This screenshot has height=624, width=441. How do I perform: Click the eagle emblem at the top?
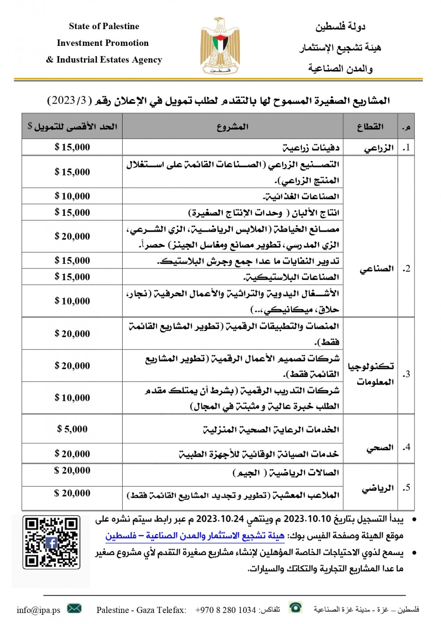pyautogui.click(x=220, y=45)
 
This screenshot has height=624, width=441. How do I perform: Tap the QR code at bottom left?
pyautogui.click(x=52, y=541)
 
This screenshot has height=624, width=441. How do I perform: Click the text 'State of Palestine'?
pyautogui.click(x=104, y=26)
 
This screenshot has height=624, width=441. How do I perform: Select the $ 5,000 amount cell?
pyautogui.click(x=72, y=429)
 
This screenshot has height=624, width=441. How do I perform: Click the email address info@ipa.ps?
pyautogui.click(x=38, y=610)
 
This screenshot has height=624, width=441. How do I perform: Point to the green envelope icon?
pyautogui.click(x=74, y=609)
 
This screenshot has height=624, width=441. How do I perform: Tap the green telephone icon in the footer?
pyautogui.click(x=295, y=608)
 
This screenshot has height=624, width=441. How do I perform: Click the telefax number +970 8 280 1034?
pyautogui.click(x=225, y=610)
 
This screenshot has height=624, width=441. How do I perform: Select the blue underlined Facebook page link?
pyautogui.click(x=195, y=536)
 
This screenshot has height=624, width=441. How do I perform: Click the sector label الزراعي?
pyautogui.click(x=378, y=148)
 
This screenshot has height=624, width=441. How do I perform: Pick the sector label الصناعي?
pyautogui.click(x=376, y=269)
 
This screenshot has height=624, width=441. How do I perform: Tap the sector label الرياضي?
pyautogui.click(x=377, y=488)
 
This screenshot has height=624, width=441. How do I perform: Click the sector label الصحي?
pyautogui.click(x=379, y=448)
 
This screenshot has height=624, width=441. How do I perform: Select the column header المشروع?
pyautogui.click(x=232, y=127)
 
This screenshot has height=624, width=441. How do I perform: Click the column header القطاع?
pyautogui.click(x=370, y=127)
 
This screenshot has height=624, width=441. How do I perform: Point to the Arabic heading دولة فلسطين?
pyautogui.click(x=340, y=27)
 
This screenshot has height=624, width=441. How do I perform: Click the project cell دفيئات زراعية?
pyautogui.click(x=311, y=148)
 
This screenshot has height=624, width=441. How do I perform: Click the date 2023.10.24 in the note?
pyautogui.click(x=220, y=519)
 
